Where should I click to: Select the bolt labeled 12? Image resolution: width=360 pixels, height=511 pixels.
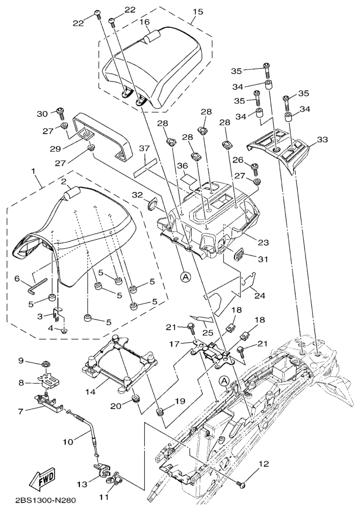click(x=241, y=484)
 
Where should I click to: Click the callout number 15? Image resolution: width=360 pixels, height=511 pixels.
click(x=198, y=11)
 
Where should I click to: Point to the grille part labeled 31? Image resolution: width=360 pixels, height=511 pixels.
click(x=241, y=254)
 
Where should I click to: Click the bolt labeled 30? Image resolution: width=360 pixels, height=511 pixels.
click(x=60, y=111)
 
